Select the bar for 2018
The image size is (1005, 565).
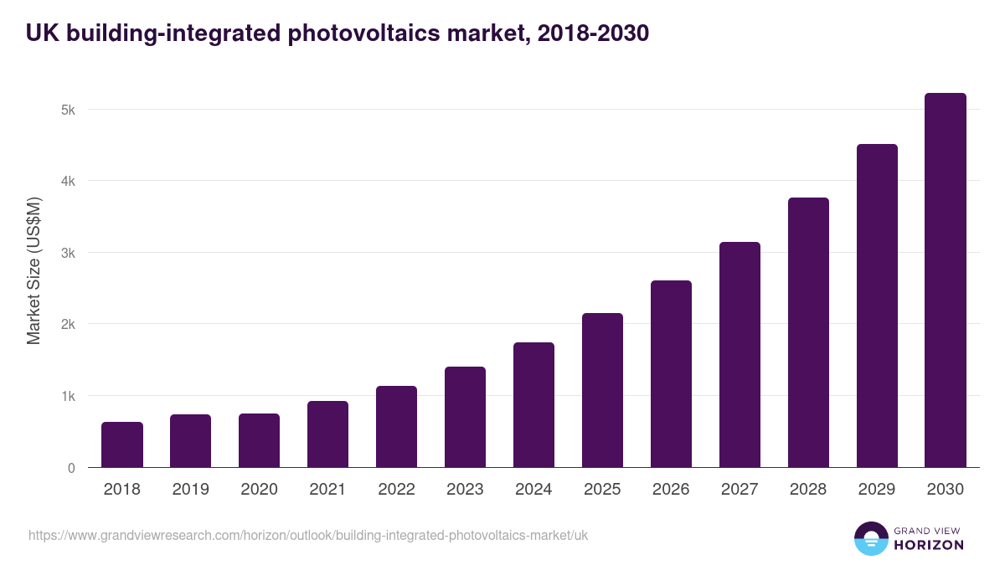pos(122,444)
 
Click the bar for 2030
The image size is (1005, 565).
pos(946,280)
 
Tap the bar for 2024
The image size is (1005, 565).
pos(533,405)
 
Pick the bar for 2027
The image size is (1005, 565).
pos(740,355)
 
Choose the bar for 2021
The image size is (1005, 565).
pos(327,434)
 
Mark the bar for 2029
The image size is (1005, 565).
pos(877,306)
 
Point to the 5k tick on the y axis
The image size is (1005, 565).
pos(69,110)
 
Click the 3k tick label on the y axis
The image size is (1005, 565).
pos(69,253)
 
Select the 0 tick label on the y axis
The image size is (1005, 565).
pos(71,468)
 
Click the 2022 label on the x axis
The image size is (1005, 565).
pos(396,490)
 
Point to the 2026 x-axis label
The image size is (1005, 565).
pos(671,490)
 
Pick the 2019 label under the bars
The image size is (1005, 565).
pos(190,490)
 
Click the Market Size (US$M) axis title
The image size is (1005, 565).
pos(33,271)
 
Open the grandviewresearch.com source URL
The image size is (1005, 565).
pos(308,535)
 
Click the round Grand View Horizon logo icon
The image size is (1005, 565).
pos(870,538)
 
